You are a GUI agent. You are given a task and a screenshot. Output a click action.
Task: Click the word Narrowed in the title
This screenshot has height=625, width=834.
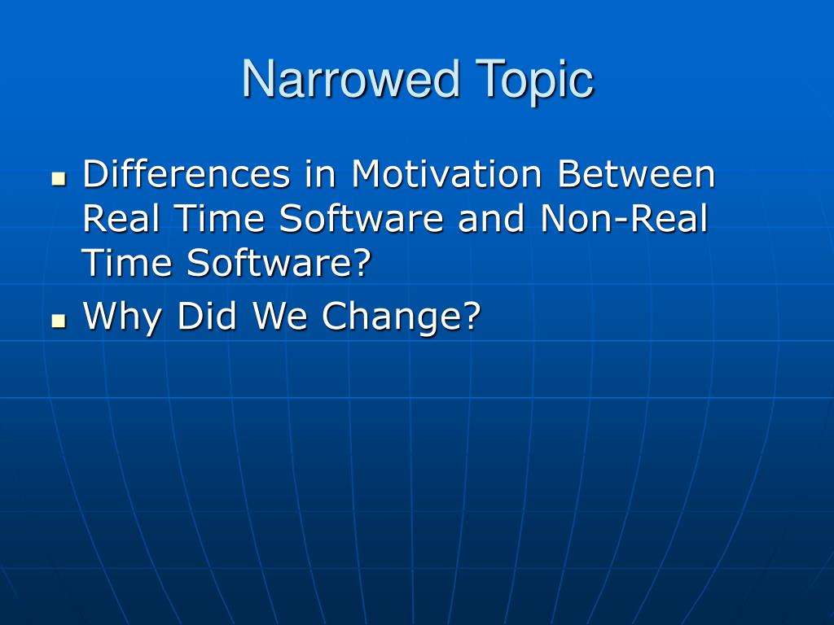coord(350,78)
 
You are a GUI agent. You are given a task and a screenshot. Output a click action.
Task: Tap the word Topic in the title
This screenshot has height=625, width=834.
coord(534,80)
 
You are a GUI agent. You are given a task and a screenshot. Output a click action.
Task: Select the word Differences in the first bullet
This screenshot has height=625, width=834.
coord(187,174)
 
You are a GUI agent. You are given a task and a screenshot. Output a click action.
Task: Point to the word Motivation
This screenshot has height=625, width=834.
coord(446,174)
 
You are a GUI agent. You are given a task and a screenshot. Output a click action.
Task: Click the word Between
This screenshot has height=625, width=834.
coord(636,174)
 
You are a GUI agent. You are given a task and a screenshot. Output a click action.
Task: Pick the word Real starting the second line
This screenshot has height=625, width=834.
coord(121,218)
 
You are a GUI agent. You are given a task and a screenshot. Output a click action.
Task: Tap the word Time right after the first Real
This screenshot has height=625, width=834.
coord(219,218)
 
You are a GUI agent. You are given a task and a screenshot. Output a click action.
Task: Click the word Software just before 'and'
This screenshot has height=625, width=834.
coord(361,218)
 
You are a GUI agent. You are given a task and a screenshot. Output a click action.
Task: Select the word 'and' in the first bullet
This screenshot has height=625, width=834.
coord(491,218)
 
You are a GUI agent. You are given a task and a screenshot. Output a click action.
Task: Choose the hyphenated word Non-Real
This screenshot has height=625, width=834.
coord(624,218)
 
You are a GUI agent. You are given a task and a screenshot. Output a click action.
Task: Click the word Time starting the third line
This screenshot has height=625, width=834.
coord(126,262)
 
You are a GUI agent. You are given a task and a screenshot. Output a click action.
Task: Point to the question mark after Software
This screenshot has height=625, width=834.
coord(362,262)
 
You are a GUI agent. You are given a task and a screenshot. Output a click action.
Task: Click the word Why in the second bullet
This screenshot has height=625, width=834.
coord(122,317)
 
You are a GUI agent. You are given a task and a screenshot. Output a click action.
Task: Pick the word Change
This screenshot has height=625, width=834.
coord(393,317)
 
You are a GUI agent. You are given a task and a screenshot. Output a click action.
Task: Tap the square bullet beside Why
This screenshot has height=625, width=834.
coord(59,321)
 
